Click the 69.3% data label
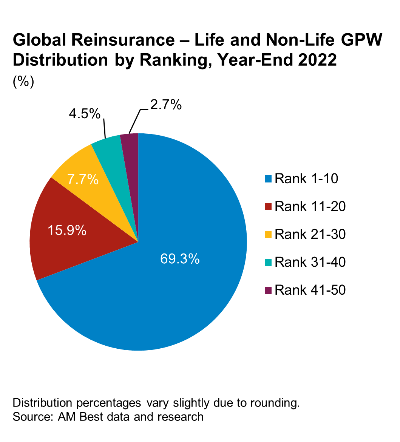point(180,259)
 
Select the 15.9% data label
point(67,230)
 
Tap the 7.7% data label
point(83,179)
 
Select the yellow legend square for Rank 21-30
point(269,235)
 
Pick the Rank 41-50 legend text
point(310,290)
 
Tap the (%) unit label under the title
point(23,82)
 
